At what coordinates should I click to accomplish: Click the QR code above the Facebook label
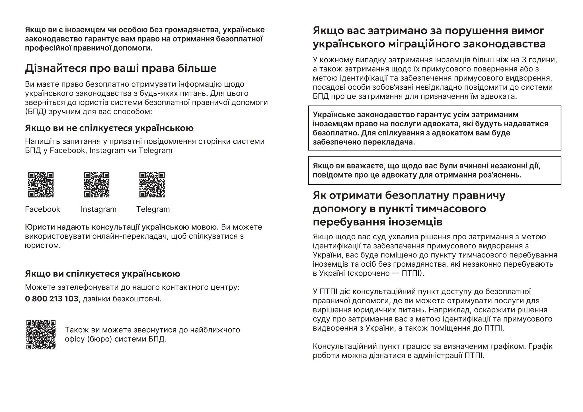(x=41, y=185)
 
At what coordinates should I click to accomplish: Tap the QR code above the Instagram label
(x=97, y=185)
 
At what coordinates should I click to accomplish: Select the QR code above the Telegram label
(x=152, y=185)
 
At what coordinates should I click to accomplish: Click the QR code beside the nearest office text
(x=41, y=335)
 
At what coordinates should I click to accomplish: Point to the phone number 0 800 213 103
(x=52, y=299)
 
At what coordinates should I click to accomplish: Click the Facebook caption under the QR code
(x=42, y=209)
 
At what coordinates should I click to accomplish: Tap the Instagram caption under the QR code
(x=98, y=209)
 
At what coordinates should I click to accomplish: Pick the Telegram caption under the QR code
(x=153, y=209)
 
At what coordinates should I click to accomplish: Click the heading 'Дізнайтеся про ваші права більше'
(x=121, y=68)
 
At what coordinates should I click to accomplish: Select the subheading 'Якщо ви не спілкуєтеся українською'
(x=109, y=128)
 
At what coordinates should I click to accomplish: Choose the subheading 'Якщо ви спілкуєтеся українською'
(x=102, y=274)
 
